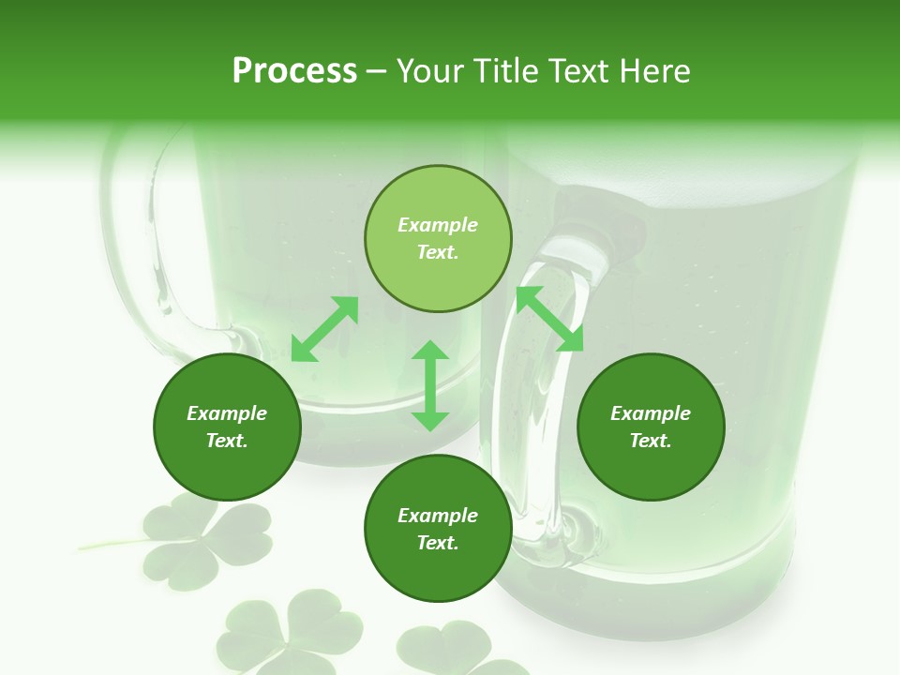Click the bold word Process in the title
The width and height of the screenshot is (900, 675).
[294, 71]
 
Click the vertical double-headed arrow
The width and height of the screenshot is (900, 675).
[430, 386]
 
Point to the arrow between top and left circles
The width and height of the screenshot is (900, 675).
[324, 329]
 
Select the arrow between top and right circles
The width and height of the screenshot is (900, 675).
[549, 320]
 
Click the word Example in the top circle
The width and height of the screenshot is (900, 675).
[438, 225]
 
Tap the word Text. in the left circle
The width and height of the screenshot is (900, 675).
[227, 441]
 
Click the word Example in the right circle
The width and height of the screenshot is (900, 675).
[651, 413]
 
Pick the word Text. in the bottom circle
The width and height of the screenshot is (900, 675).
[438, 543]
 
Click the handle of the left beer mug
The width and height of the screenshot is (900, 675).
[141, 244]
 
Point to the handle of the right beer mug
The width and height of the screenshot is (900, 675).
[525, 394]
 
